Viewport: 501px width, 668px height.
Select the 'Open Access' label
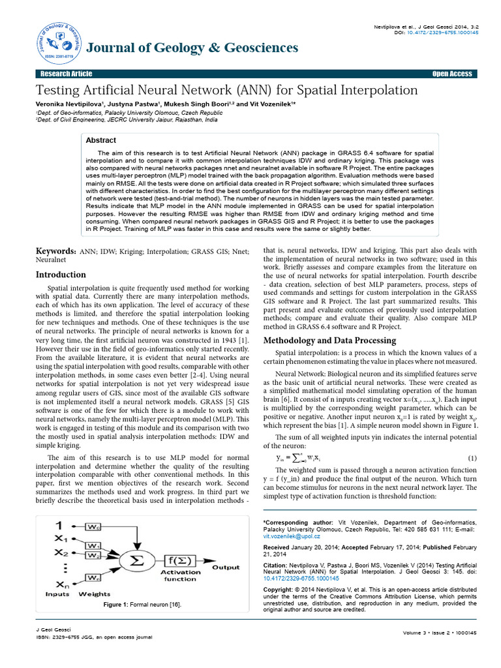coord(451,74)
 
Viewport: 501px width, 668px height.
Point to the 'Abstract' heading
coord(101,140)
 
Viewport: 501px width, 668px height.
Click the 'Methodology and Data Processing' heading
coord(329,340)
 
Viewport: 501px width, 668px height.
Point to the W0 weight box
coord(93,526)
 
